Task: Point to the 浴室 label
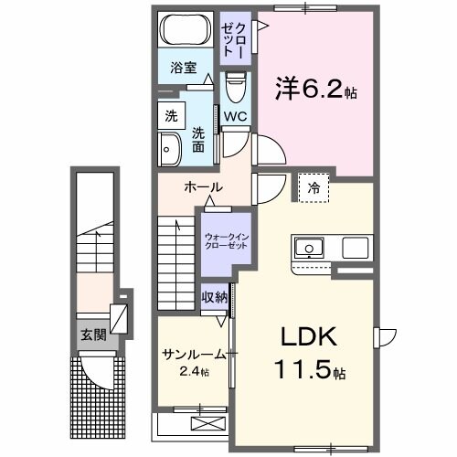[185, 68]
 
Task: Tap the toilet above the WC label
[236, 90]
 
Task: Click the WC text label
[235, 116]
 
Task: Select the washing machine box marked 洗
[172, 116]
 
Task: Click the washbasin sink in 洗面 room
[170, 148]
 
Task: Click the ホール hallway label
[203, 187]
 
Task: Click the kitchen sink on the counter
[307, 247]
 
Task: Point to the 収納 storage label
[216, 298]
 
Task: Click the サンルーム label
[194, 355]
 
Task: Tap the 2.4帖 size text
[193, 372]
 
